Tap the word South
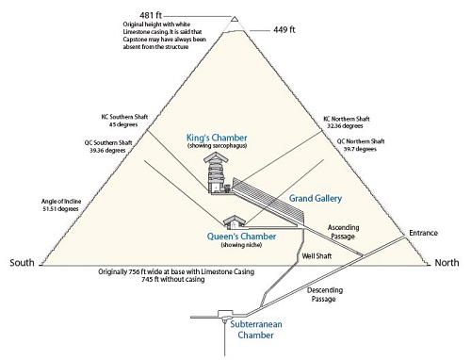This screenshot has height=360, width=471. tap(24, 261)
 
